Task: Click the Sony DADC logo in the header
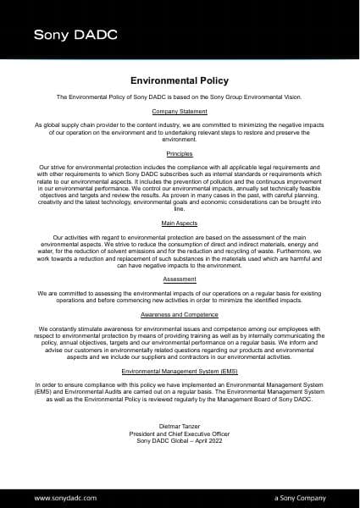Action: [x=75, y=35]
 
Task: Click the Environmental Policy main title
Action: [x=180, y=81]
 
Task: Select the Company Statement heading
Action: [x=180, y=112]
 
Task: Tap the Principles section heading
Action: [x=180, y=154]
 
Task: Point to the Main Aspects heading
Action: [x=180, y=224]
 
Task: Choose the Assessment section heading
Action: [x=180, y=278]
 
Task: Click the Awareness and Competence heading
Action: [x=180, y=313]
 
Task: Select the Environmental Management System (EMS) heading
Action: [x=180, y=372]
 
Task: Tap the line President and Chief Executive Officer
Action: [x=180, y=433]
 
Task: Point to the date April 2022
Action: [x=209, y=441]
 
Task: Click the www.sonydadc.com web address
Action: [x=64, y=499]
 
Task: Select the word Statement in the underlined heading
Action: [x=193, y=112]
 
